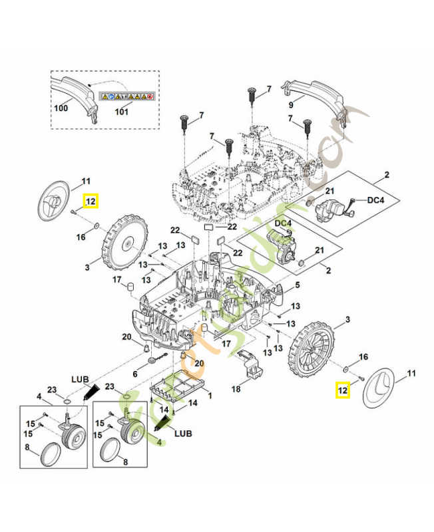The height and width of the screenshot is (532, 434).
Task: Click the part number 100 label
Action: pos(61,106)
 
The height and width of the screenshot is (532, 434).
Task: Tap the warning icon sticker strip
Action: pos(127,96)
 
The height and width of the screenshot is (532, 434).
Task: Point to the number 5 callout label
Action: pos(298,285)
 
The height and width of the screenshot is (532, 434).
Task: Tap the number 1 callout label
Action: pos(210,395)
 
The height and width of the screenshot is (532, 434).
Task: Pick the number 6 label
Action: pos(135,374)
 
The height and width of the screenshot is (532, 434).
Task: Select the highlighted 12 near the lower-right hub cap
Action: pos(342,391)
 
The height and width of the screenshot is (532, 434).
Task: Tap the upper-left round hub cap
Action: pos(53,200)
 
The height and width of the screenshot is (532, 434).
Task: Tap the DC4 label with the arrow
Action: pos(376,199)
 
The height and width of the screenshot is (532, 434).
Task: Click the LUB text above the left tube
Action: pos(81,378)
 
